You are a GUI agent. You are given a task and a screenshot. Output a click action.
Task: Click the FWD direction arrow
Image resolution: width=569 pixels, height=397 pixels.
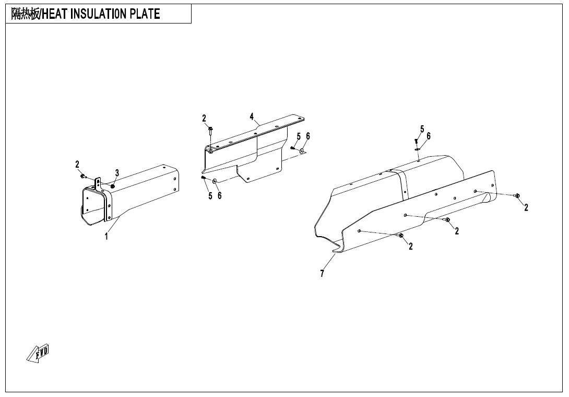pos(38,353)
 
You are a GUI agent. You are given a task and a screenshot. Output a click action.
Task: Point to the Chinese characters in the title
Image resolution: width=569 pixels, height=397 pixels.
pos(25,14)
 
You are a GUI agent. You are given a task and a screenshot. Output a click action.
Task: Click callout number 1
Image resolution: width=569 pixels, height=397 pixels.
pos(106,237)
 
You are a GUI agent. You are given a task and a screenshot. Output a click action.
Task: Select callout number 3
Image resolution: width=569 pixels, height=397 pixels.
pos(117,173)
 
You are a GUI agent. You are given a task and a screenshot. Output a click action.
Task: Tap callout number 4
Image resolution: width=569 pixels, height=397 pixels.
pos(252,116)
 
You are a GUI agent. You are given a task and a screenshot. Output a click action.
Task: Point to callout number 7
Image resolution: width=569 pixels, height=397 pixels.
pos(322,274)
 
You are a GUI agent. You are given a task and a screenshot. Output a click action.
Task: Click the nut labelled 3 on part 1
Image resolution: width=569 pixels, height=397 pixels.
pos(112,186)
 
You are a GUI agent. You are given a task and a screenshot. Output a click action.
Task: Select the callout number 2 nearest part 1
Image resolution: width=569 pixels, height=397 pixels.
pos(77,165)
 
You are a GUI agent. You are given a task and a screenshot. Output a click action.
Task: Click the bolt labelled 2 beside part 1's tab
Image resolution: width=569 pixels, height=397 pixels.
pos(82,177)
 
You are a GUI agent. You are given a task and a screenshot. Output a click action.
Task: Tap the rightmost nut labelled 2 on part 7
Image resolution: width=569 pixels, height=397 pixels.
pos(517,196)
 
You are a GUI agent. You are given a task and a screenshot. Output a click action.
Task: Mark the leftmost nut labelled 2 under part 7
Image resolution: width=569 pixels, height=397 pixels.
pos(401,236)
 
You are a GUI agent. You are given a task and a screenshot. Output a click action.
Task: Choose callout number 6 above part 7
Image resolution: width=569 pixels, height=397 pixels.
pos(429,136)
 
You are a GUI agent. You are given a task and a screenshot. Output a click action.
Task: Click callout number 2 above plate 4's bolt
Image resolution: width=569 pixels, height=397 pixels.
pos(204,119)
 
